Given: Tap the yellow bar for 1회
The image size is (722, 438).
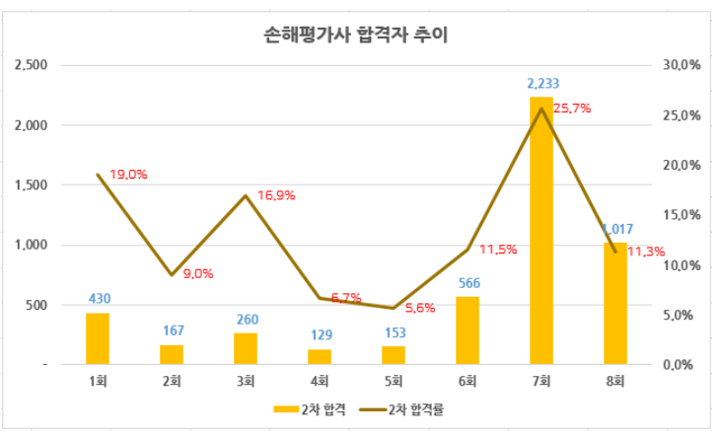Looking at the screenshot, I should pyautogui.click(x=98, y=338).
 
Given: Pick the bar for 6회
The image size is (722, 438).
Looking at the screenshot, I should pyautogui.click(x=468, y=330).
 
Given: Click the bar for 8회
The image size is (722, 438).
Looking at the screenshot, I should pyautogui.click(x=615, y=303).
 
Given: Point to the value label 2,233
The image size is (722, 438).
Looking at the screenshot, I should pyautogui.click(x=541, y=85).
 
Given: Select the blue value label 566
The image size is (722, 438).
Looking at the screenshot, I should pyautogui.click(x=468, y=284).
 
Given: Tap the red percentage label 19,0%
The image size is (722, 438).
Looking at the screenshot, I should pyautogui.click(x=128, y=174).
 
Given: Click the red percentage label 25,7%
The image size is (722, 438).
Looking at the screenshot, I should pyautogui.click(x=572, y=109).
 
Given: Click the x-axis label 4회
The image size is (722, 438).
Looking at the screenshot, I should pyautogui.click(x=320, y=380).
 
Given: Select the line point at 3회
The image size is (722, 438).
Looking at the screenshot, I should pyautogui.click(x=246, y=195).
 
